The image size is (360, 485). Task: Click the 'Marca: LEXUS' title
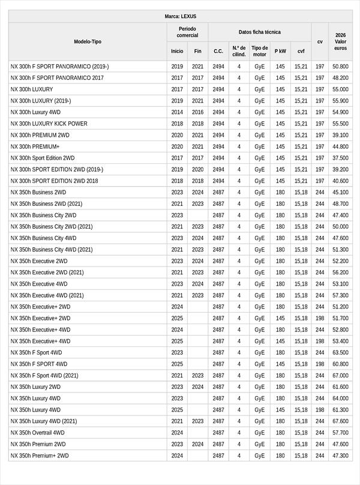[x=180, y=16]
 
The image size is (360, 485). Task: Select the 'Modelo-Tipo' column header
[x=88, y=41]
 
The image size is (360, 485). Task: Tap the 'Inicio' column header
[x=177, y=52]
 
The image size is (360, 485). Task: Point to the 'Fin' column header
[x=198, y=52]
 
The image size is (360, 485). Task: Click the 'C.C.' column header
[x=218, y=52]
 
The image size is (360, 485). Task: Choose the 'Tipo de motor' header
[x=259, y=51]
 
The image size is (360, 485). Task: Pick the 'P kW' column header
[x=280, y=52]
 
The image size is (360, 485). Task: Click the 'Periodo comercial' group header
[x=187, y=32]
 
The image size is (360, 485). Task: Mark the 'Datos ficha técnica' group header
[x=259, y=32]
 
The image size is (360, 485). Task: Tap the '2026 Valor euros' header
[x=340, y=41]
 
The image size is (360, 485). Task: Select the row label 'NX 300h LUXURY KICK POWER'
[x=49, y=124]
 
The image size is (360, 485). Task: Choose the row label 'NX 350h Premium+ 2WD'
[x=40, y=456]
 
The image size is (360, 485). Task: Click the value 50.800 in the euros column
[x=340, y=67]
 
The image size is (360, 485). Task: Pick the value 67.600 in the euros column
[x=340, y=421]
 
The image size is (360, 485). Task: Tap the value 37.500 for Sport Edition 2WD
[x=340, y=158]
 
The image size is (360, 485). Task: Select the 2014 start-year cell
[x=177, y=112]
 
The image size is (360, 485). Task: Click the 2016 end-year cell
[x=198, y=112]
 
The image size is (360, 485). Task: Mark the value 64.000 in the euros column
[x=340, y=399]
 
